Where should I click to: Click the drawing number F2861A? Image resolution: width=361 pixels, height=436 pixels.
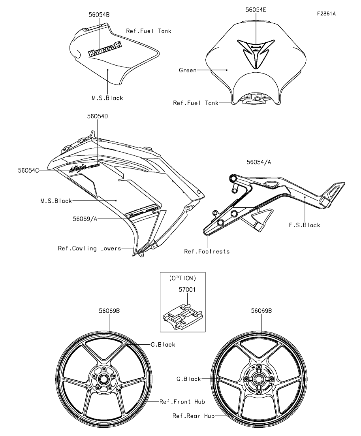(326, 14)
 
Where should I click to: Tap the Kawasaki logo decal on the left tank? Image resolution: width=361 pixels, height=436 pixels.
(105, 47)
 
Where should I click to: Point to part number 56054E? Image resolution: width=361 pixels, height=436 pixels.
(256, 10)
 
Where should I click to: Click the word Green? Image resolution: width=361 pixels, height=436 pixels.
(188, 70)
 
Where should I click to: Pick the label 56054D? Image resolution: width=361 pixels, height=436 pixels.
(98, 117)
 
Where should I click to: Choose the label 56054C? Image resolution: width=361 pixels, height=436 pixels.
(28, 170)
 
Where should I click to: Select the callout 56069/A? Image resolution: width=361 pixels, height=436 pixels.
(85, 218)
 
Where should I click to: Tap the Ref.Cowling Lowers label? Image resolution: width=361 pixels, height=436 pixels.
(89, 248)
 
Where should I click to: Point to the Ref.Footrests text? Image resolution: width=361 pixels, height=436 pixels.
(207, 251)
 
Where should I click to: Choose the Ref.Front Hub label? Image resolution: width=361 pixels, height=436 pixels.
(182, 402)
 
